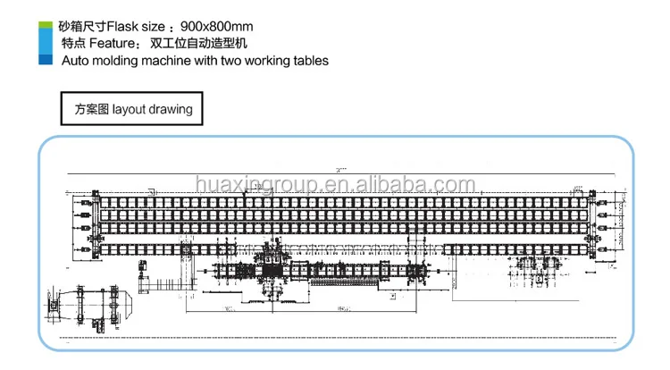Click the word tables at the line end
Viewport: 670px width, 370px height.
tap(309, 61)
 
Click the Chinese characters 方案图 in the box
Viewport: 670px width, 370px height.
tap(92, 110)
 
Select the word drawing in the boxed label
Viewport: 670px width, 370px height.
tap(171, 110)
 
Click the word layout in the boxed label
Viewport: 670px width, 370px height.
tap(129, 110)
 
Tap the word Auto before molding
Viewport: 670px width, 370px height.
tap(74, 61)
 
